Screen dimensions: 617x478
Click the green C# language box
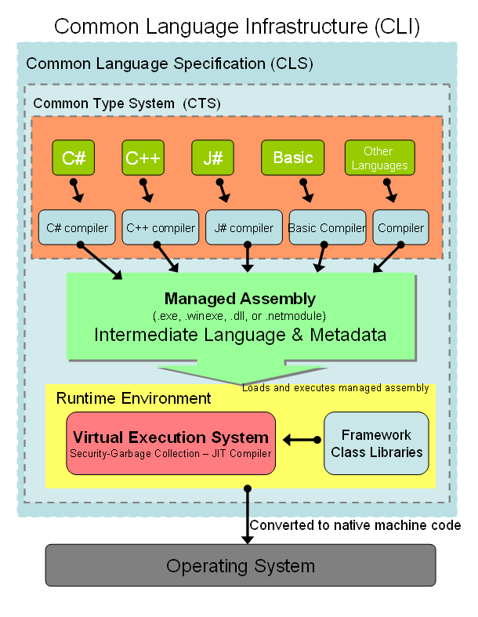point(74,158)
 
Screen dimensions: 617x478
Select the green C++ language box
point(143,158)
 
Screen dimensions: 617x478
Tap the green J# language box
point(213,158)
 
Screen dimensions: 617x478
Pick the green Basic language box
point(292,158)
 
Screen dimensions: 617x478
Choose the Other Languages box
point(379,158)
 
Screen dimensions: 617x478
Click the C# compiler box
point(77,228)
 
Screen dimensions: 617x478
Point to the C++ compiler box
point(161,228)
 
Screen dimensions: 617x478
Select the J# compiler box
point(244,228)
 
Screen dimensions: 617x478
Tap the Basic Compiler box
point(327,228)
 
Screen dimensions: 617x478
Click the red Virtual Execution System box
point(171,443)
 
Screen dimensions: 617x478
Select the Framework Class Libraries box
point(376,444)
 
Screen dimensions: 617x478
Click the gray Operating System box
point(240,565)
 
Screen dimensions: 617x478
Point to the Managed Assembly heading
point(240,299)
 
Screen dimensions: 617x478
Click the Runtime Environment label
point(133,398)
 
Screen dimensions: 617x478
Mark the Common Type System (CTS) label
point(127,103)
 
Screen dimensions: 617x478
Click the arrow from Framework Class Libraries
point(302,440)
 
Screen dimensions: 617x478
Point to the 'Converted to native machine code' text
point(355,525)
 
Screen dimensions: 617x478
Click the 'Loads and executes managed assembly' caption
point(335,387)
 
